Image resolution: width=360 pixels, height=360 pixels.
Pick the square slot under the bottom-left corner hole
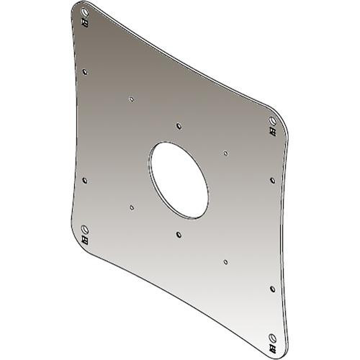tap(86, 239)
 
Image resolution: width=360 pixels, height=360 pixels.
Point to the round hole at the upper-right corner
tap(272, 120)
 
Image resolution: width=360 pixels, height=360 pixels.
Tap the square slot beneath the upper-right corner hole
tap(272, 130)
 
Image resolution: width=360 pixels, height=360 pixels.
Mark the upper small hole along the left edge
tap(86, 71)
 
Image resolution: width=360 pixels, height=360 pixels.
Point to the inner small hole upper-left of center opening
tap(131, 99)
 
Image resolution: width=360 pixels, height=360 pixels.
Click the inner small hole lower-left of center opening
tap(131, 207)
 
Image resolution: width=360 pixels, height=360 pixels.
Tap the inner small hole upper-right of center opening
tap(226, 153)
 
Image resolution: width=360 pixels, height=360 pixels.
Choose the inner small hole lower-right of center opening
tap(226, 261)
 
